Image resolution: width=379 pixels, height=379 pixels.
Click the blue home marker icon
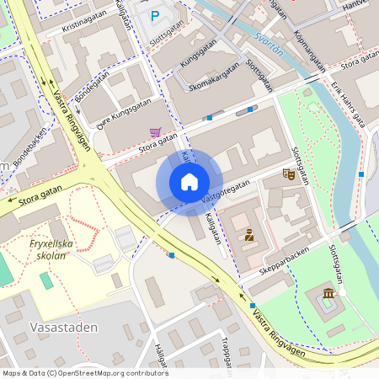coord(189,182)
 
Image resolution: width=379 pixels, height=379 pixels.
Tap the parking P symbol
coord(154,16)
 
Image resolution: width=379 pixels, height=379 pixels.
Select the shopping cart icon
coord(155,132)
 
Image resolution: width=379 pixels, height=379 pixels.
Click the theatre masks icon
coord(289,173)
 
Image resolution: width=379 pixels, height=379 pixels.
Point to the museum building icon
coord(328,292)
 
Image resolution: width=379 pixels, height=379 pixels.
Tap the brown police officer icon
coord(249,235)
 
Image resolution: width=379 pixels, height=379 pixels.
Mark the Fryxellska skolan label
coord(53,249)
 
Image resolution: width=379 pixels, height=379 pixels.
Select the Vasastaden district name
coord(63,327)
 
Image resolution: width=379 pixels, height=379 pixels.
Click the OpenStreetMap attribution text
coord(85,372)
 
